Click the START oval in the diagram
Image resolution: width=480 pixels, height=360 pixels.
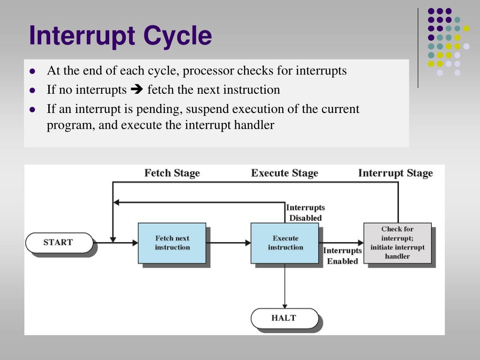coord(59,242)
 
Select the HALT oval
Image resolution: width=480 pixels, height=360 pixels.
coord(284,318)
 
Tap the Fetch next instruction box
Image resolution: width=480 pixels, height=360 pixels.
coord(172,243)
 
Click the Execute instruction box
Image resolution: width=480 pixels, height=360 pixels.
coord(285,243)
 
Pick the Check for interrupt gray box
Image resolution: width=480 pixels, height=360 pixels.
coord(397,243)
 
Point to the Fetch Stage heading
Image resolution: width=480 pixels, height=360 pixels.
coord(172,173)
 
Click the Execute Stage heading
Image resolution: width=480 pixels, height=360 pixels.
coord(285,173)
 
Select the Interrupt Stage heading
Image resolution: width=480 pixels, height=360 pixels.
coord(395,173)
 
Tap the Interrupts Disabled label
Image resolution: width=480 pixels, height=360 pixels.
coord(305,213)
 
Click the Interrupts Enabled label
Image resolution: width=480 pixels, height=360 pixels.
coord(342,256)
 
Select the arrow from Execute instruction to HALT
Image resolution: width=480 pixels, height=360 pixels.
coord(285,286)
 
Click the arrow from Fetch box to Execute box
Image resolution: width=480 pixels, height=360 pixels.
coord(228,243)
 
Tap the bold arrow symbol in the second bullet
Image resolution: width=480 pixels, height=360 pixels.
coord(137,90)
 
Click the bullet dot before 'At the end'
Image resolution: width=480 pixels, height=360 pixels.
coord(32,71)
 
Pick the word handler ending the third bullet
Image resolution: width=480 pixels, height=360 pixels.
coord(255,125)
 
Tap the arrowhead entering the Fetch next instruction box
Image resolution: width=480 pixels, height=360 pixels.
coord(135,243)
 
